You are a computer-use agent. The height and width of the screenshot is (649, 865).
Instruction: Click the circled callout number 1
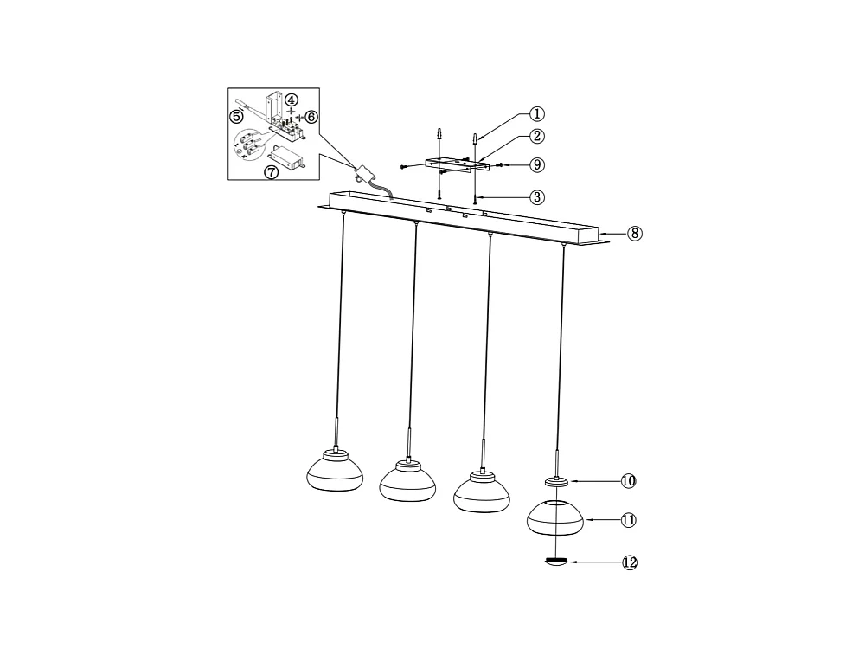tap(537, 113)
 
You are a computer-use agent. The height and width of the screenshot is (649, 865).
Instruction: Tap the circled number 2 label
tap(537, 136)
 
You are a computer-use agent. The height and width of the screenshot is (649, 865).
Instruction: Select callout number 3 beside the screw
tap(537, 197)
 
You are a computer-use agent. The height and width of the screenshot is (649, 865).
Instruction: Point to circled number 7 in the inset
tap(272, 172)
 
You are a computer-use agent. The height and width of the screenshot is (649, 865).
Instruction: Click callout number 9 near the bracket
tap(537, 164)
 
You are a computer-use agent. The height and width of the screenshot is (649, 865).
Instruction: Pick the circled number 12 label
tap(630, 562)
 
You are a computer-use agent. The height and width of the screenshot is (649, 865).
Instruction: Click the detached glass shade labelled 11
tap(555, 518)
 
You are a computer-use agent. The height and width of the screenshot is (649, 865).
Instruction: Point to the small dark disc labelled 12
tap(555, 561)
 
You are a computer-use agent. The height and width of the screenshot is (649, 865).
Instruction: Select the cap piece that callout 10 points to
tap(555, 481)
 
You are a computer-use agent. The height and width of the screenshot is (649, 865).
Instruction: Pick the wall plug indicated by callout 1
tap(475, 138)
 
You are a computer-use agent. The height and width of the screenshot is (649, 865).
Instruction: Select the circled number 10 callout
tap(628, 480)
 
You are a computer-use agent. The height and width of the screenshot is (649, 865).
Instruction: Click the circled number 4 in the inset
tap(292, 101)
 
